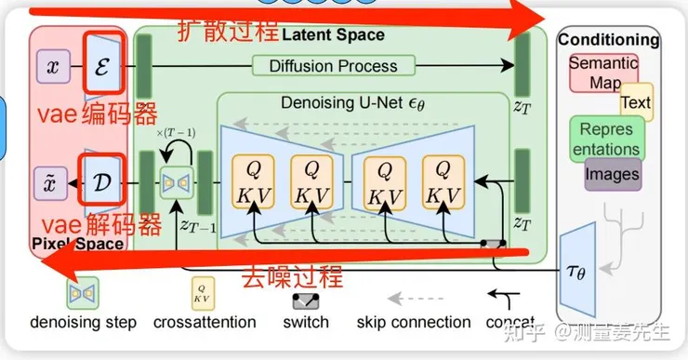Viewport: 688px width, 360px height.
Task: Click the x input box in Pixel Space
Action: tap(52, 66)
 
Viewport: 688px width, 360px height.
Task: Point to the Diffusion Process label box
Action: tap(333, 65)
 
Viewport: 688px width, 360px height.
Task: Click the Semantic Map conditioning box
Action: tap(602, 73)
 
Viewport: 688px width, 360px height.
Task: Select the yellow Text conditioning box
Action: tap(636, 102)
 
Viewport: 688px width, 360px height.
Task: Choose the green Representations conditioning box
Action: tap(605, 140)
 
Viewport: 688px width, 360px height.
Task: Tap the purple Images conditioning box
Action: tap(612, 174)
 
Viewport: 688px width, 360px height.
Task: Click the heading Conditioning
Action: tap(608, 40)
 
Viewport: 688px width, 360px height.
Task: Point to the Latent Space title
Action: tap(332, 34)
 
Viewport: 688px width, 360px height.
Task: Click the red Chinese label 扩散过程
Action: tap(227, 30)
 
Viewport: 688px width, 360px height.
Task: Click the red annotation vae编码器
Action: tap(85, 115)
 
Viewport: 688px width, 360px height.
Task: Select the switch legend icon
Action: tap(306, 300)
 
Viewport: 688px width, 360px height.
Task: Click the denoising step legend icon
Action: tap(83, 295)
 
